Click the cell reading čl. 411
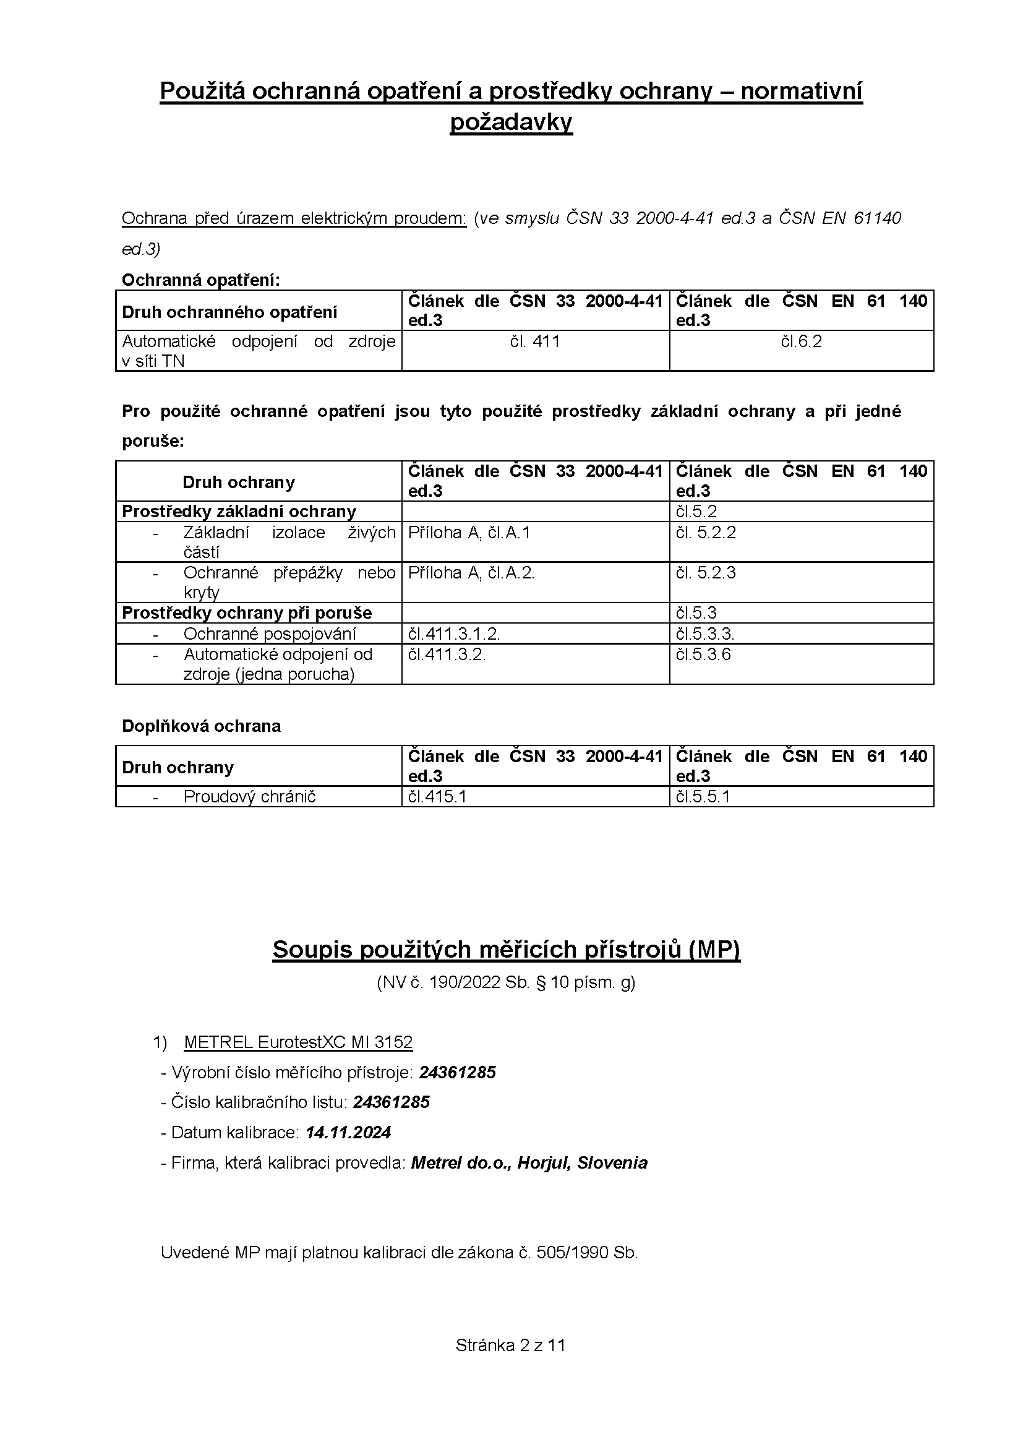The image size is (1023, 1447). click(x=535, y=341)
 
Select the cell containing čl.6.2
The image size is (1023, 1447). click(x=801, y=341)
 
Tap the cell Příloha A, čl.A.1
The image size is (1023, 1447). click(x=469, y=533)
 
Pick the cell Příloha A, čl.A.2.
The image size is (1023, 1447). click(x=471, y=573)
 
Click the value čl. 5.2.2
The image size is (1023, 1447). click(x=706, y=533)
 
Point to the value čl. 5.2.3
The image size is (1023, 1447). click(x=706, y=573)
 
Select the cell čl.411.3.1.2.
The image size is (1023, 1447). click(x=454, y=633)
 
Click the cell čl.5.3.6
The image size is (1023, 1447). click(x=704, y=654)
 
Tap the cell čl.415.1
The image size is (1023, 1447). click(x=437, y=797)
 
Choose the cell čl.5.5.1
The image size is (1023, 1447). click(x=703, y=797)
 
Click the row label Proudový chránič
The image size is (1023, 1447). click(x=249, y=797)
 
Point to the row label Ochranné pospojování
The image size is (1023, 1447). click(x=270, y=633)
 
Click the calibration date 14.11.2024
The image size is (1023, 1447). click(x=348, y=1133)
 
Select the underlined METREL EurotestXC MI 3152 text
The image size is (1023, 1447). click(x=298, y=1042)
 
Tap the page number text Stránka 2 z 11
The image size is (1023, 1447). click(x=511, y=1346)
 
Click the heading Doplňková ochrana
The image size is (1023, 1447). click(x=201, y=726)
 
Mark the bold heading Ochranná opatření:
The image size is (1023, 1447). click(x=201, y=280)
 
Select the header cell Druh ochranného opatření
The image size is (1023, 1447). click(x=229, y=312)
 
